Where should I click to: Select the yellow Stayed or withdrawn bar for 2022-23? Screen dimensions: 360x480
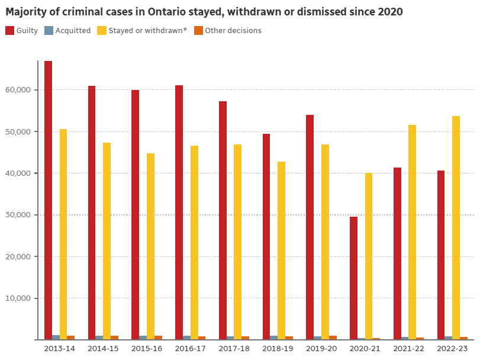(x=456, y=228)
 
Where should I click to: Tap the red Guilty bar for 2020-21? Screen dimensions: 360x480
(x=353, y=278)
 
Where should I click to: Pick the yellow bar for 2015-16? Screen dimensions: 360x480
(x=151, y=246)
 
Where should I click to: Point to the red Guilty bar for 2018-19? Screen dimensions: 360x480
(x=266, y=237)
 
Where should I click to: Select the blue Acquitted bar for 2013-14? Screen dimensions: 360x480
(x=56, y=337)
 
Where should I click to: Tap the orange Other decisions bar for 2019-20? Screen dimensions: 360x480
(x=333, y=337)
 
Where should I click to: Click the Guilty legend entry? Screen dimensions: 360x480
(x=22, y=31)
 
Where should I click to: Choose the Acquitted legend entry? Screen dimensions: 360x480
(x=67, y=31)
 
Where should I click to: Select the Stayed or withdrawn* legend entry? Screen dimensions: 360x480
(x=143, y=31)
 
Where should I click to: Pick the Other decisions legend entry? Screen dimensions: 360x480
(x=228, y=31)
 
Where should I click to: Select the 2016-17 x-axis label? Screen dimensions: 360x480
(x=190, y=349)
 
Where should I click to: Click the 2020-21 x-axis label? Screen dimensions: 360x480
(x=365, y=349)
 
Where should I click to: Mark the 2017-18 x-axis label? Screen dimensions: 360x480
(x=234, y=349)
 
